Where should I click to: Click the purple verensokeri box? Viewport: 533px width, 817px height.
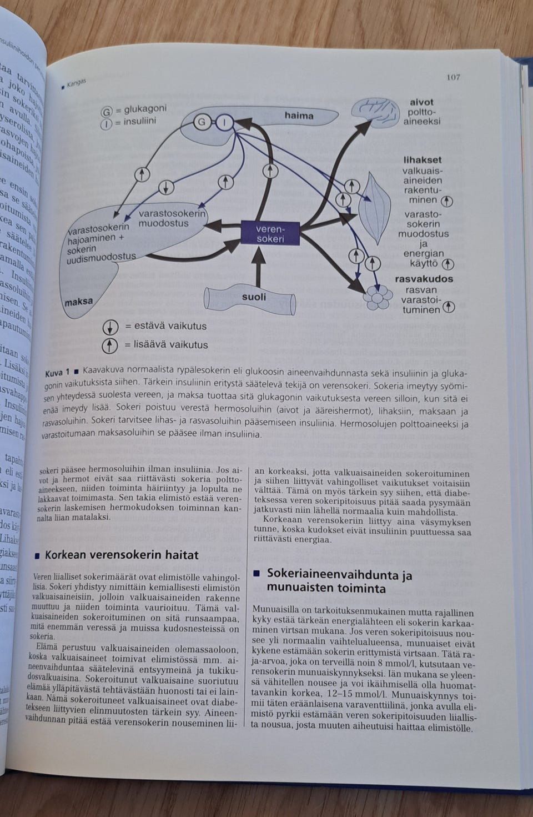[x=270, y=234]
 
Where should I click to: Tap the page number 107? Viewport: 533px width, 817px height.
[x=453, y=77]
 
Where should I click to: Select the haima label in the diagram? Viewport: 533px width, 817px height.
[x=299, y=116]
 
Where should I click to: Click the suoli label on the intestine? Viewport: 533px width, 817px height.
[x=254, y=297]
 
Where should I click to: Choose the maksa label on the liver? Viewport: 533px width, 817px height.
[x=79, y=302]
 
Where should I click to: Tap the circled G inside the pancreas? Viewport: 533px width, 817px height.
[x=202, y=122]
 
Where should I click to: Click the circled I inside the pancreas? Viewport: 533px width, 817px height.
[x=224, y=122]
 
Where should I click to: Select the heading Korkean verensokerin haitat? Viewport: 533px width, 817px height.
[x=122, y=554]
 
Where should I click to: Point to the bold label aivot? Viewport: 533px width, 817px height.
[x=421, y=102]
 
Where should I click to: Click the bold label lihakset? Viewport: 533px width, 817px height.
[x=423, y=160]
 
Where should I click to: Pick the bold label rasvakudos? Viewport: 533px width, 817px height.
[x=424, y=279]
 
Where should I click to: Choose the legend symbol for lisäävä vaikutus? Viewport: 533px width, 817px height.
[x=110, y=345]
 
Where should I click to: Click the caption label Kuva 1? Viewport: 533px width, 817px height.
[x=57, y=373]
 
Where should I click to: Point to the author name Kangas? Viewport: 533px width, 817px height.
[x=76, y=84]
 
